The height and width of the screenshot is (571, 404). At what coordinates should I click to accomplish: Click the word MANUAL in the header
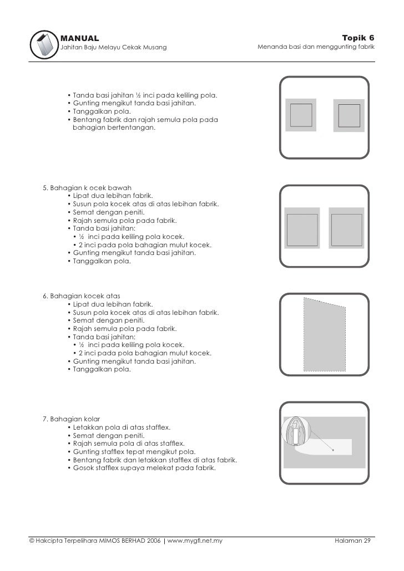(x=79, y=38)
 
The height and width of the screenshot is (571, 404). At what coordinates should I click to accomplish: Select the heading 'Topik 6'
(x=358, y=38)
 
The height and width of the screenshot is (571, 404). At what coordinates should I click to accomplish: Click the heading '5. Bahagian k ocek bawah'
(x=88, y=187)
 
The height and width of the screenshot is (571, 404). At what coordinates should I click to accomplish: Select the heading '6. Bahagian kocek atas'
(x=82, y=296)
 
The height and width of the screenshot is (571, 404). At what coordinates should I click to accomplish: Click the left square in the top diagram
(x=301, y=115)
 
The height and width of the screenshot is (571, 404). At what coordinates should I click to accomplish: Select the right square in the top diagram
(x=349, y=115)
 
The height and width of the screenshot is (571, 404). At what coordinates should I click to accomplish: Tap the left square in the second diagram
(x=302, y=227)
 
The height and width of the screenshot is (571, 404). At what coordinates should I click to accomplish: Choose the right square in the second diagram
(x=347, y=227)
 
